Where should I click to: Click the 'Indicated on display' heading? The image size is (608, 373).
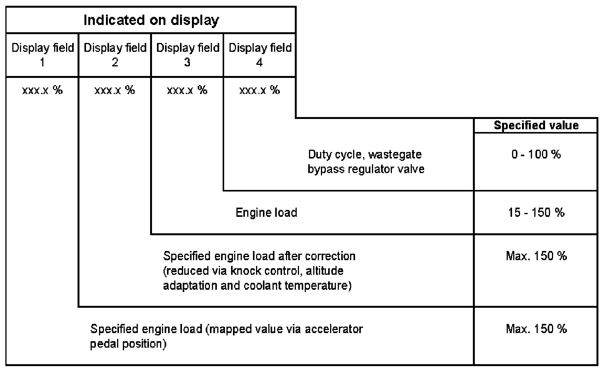tap(151, 20)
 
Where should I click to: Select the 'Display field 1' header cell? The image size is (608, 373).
tap(42, 54)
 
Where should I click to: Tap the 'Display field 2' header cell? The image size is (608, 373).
tap(115, 54)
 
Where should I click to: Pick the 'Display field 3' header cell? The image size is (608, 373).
tap(187, 54)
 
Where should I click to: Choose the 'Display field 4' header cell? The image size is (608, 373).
tap(260, 54)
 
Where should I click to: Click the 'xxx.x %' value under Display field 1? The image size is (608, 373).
tap(42, 90)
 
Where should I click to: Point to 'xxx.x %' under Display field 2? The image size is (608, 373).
tap(115, 90)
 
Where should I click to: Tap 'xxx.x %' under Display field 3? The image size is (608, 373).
tap(187, 90)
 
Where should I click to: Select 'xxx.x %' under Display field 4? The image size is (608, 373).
tap(260, 90)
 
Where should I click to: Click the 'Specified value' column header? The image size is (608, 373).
tap(536, 125)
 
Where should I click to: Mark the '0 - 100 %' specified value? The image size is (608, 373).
tap(536, 154)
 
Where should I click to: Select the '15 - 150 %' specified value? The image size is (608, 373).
tap(536, 213)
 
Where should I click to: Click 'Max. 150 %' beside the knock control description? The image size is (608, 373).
tap(536, 256)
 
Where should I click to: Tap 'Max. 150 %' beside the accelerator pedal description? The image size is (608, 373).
tap(536, 329)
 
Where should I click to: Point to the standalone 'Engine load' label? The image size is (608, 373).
tap(266, 213)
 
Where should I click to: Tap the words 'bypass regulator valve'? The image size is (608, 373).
tap(366, 169)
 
